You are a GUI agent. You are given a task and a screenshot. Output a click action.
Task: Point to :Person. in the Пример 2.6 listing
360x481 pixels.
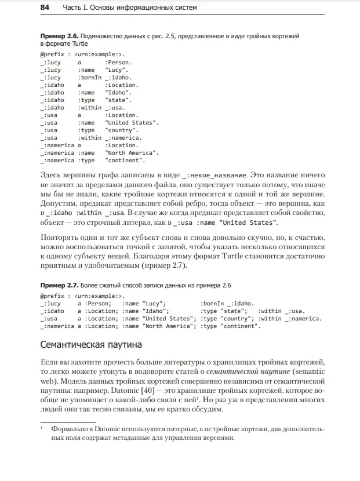(x=118, y=62)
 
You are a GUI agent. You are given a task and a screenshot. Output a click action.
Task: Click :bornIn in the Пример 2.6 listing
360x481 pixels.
(x=89, y=77)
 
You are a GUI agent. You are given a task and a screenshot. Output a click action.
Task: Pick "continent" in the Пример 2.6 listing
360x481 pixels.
(x=125, y=160)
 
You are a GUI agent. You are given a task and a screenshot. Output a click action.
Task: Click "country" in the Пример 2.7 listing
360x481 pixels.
(x=237, y=318)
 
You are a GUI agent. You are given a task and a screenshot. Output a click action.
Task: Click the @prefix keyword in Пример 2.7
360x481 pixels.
(x=51, y=296)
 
